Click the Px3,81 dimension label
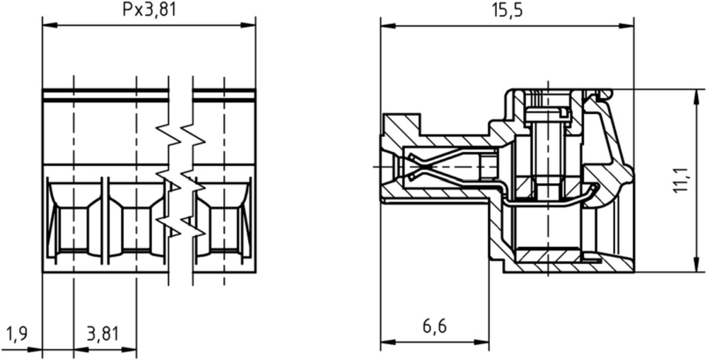148,9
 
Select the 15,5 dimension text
506,9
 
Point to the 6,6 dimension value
434,326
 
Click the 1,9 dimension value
17,334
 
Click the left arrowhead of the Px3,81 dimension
49,25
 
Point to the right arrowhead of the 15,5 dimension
626,25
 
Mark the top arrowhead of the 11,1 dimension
694,96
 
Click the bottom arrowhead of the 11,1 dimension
694,265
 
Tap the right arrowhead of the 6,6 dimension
481,342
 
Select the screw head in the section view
548,115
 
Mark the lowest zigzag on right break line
193,227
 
